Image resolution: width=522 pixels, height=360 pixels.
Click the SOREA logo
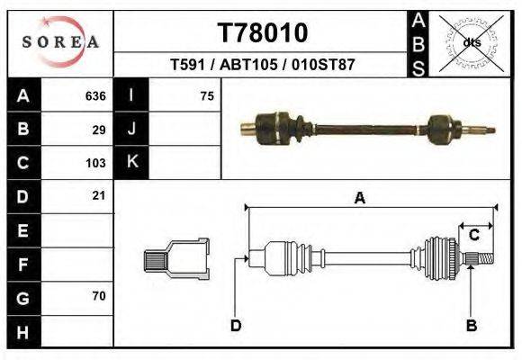point(60,42)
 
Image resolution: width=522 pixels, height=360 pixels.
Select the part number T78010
point(263,32)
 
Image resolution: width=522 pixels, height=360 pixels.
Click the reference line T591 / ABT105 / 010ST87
point(263,65)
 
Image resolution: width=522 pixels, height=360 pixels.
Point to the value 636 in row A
point(95,95)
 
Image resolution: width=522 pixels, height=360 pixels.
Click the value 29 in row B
point(99,130)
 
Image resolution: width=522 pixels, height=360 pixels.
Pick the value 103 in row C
point(95,164)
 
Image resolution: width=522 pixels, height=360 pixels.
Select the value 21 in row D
point(99,195)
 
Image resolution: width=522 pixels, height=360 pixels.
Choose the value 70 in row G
point(99,296)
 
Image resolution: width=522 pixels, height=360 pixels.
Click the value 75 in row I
point(207,95)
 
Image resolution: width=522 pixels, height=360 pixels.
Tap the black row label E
point(23,230)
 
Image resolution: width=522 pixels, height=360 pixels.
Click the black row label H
point(23,331)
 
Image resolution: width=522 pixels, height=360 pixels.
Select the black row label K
point(132,162)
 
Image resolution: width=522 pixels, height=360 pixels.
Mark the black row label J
point(132,129)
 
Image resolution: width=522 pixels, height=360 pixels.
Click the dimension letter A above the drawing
point(359,199)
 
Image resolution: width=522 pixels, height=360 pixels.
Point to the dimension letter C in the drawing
point(473,235)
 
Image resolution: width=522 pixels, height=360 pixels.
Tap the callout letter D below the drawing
point(235,325)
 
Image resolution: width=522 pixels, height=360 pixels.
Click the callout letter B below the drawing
point(470,325)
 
